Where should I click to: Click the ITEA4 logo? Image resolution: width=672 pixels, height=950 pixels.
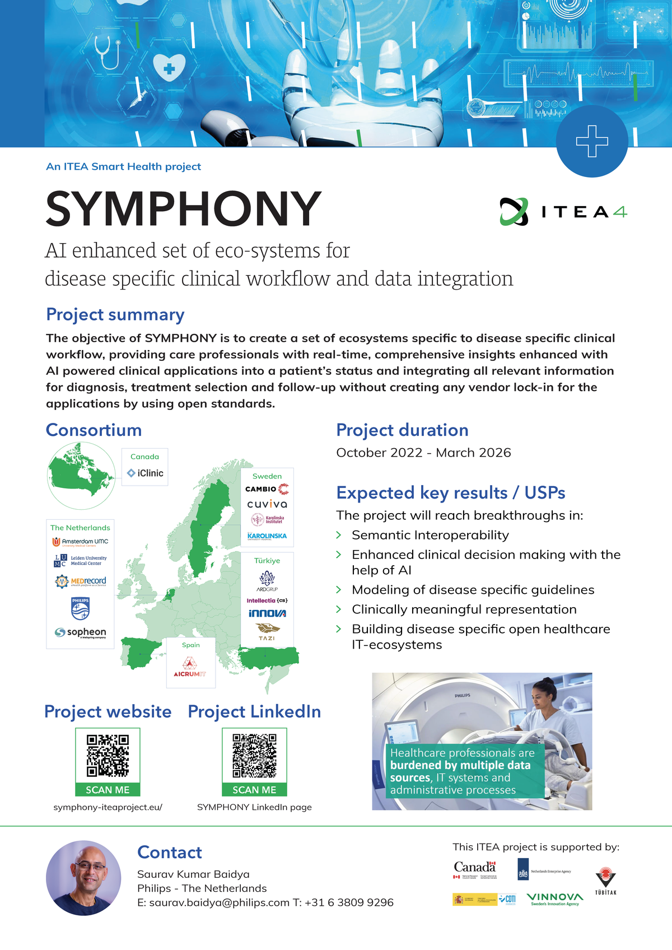563,212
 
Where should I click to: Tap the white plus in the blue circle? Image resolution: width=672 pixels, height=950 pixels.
592,141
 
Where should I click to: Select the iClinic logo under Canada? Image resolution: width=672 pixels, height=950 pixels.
145,473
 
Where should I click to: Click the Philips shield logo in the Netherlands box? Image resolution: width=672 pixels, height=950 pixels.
80,608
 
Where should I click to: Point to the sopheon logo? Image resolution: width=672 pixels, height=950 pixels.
81,632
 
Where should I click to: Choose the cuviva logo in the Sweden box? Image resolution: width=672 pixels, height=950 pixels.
267,504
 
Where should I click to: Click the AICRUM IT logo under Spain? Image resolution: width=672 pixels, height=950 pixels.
190,667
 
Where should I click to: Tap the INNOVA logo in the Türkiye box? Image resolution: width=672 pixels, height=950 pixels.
267,613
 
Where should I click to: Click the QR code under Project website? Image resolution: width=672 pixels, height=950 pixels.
108,756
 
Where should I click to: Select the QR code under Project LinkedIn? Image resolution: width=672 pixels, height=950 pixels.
254,756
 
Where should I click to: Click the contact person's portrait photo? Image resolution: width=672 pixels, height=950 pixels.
83,877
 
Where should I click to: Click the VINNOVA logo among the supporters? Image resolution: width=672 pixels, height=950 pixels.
554,898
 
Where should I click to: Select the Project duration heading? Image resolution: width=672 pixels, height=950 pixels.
402,430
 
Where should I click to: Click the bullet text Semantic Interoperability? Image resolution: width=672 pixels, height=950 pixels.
430,535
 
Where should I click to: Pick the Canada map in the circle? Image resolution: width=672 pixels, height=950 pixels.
81,475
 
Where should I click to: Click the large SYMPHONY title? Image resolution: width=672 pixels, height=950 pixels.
184,209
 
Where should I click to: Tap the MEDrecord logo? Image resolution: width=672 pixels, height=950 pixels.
81,581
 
